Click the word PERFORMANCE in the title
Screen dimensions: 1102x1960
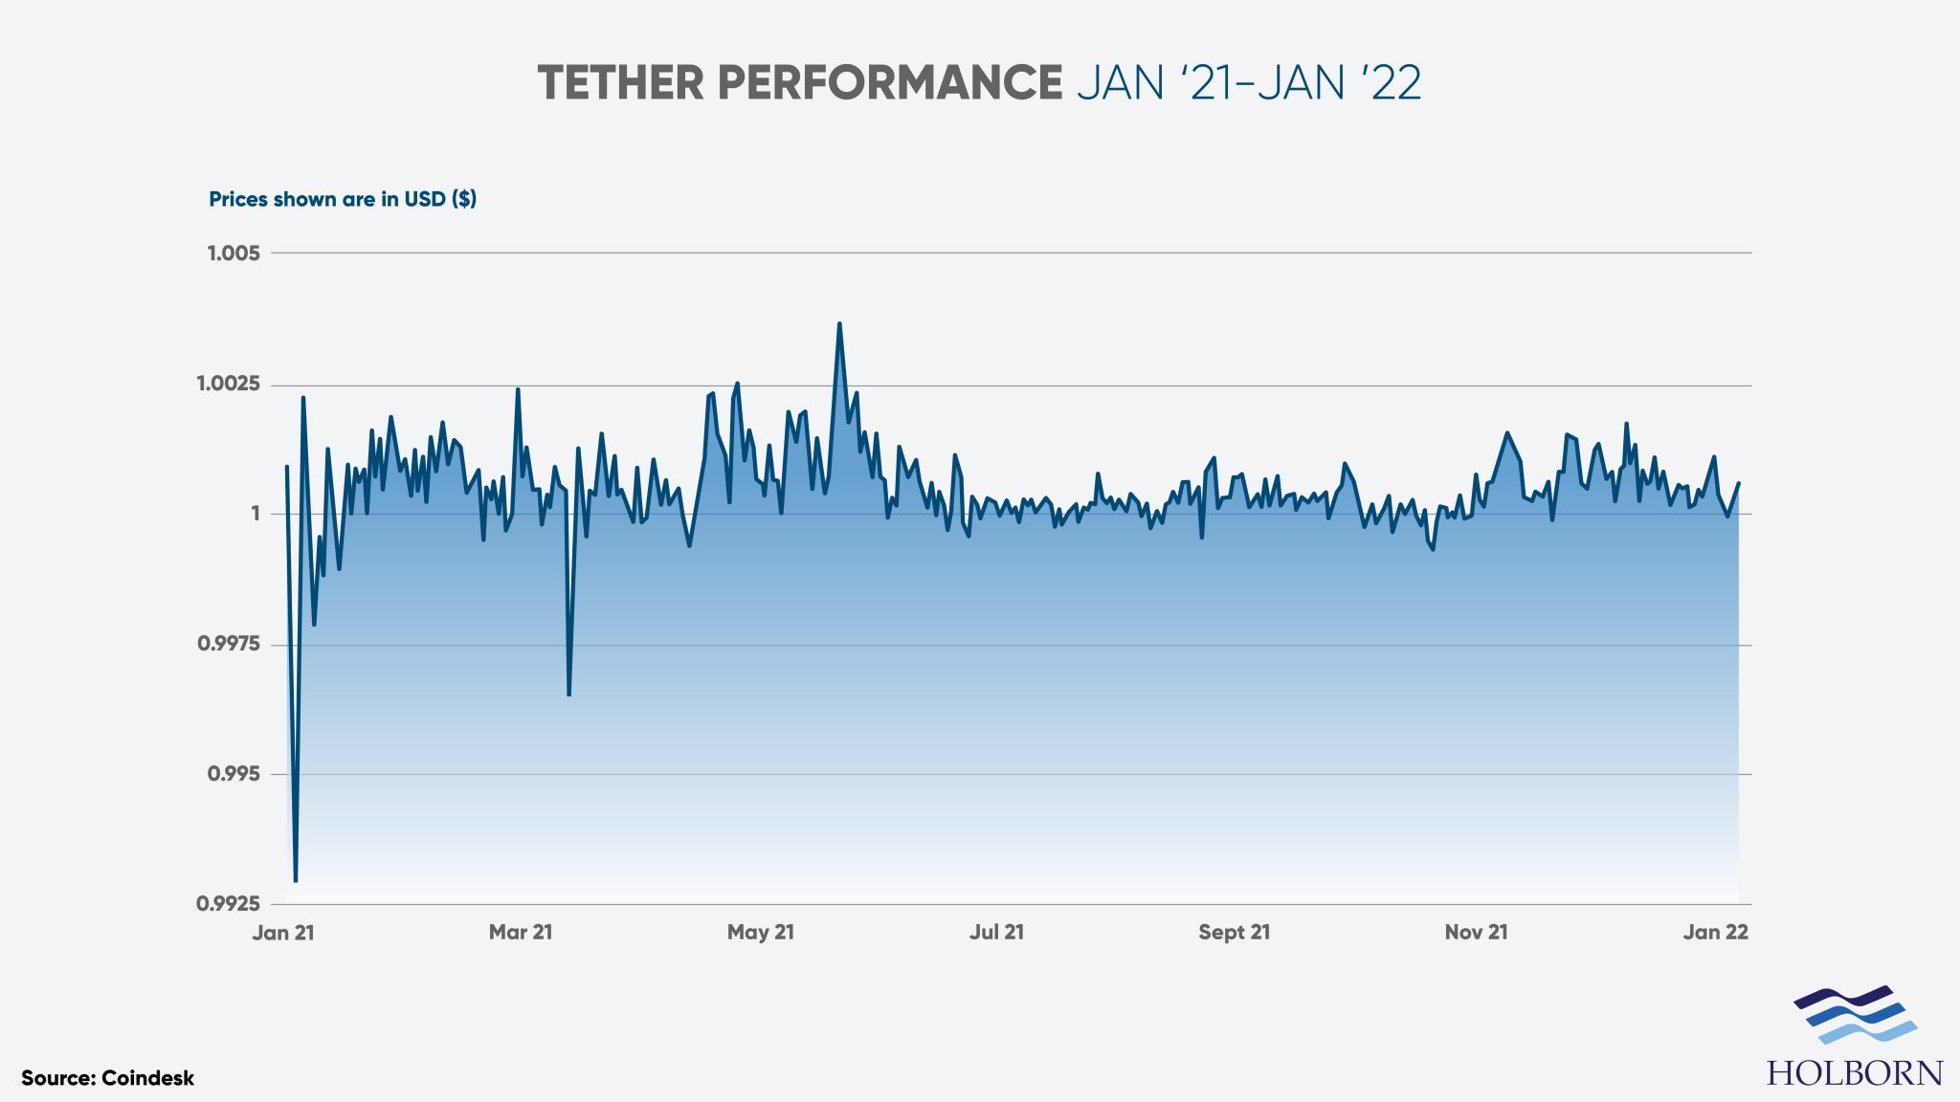(x=890, y=83)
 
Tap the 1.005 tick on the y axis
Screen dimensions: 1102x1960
(x=234, y=253)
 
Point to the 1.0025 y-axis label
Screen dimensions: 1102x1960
(x=228, y=385)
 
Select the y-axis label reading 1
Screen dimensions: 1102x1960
(x=256, y=515)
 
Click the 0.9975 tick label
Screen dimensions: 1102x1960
(x=228, y=644)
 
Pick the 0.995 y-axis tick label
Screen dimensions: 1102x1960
(x=234, y=774)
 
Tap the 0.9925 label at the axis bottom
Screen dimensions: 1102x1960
(x=228, y=904)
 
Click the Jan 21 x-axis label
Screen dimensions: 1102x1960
(x=283, y=933)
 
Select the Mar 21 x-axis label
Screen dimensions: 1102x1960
(x=521, y=933)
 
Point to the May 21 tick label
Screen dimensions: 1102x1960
(x=761, y=933)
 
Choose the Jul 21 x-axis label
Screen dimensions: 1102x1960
(x=996, y=933)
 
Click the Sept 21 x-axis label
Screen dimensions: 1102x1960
(x=1235, y=933)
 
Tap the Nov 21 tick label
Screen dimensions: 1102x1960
(x=1476, y=933)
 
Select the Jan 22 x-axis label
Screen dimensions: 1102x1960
(x=1715, y=933)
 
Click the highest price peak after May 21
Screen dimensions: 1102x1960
(x=839, y=325)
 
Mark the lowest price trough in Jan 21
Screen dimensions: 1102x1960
(x=296, y=879)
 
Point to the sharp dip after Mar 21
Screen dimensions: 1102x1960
(x=568, y=693)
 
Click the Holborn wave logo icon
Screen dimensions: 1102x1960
(x=1855, y=1015)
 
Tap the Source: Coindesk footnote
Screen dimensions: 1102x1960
(x=107, y=1078)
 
